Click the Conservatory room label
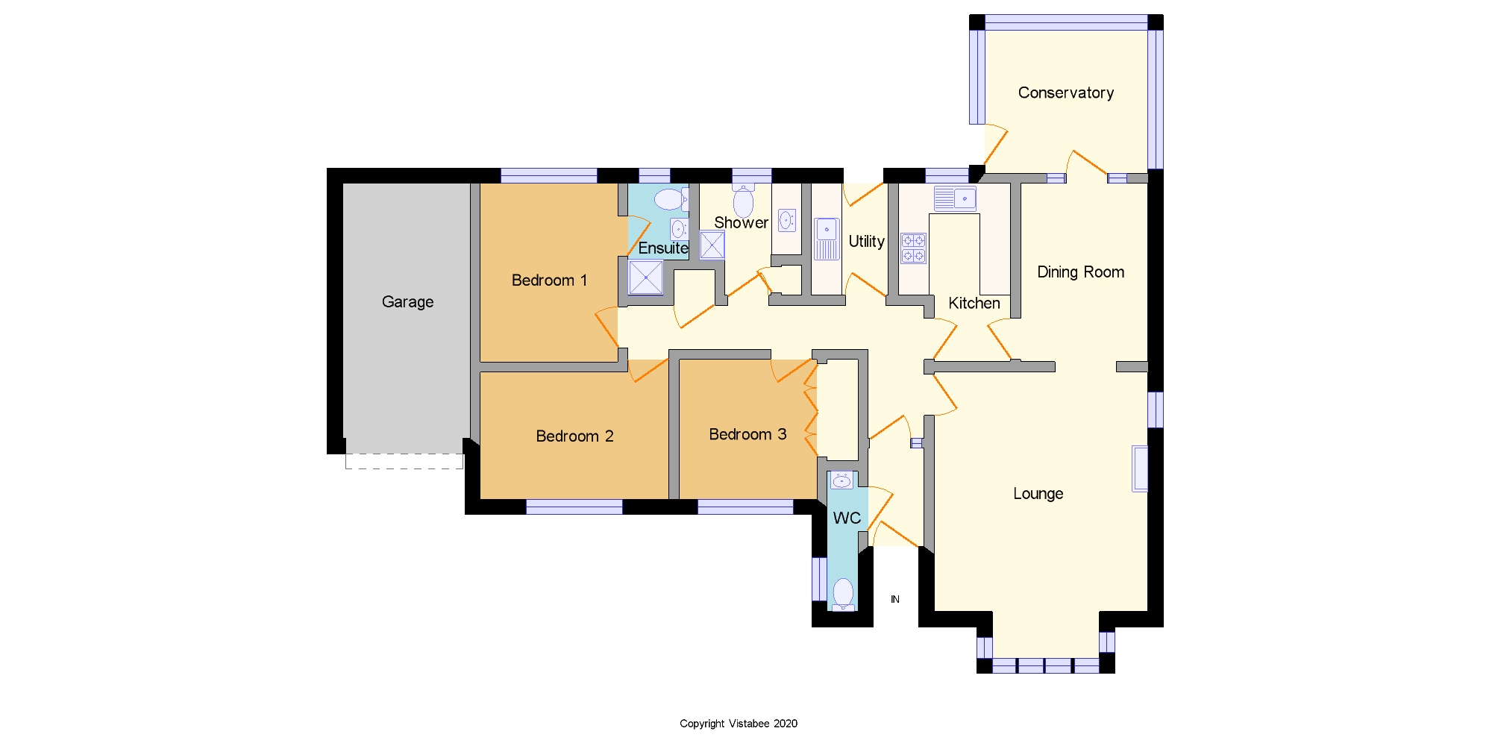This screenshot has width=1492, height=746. pyautogui.click(x=1066, y=93)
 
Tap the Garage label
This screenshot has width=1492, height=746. pyautogui.click(x=407, y=301)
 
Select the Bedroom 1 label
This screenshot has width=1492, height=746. pyautogui.click(x=549, y=280)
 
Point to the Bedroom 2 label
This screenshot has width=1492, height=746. pyautogui.click(x=574, y=436)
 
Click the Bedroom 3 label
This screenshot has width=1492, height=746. pyautogui.click(x=747, y=434)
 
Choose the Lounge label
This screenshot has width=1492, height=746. pyautogui.click(x=1038, y=493)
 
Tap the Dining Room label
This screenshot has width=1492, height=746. pyautogui.click(x=1080, y=272)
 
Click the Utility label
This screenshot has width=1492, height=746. pyautogui.click(x=866, y=241)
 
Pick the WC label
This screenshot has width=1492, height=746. pyautogui.click(x=847, y=518)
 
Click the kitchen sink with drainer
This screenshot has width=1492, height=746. pyautogui.click(x=955, y=198)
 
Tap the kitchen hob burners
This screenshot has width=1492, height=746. pyautogui.click(x=913, y=248)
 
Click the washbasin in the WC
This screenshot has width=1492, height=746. pyautogui.click(x=841, y=480)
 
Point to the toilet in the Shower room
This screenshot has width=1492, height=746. pyautogui.click(x=743, y=201)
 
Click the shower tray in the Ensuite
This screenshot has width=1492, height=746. pyautogui.click(x=645, y=278)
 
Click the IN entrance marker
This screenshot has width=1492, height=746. pyautogui.click(x=895, y=599)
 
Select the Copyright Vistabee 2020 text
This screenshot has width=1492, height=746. pyautogui.click(x=739, y=723)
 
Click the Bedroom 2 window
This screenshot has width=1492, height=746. pyautogui.click(x=574, y=507)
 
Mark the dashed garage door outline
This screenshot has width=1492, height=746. pyautogui.click(x=404, y=462)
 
